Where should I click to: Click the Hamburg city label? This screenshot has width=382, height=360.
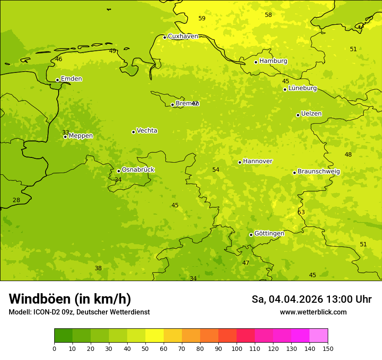click(x=273, y=61)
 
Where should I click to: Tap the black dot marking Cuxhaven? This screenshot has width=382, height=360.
click(x=165, y=37)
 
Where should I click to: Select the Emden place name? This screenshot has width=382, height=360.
click(x=71, y=79)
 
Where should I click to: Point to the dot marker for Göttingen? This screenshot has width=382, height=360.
click(x=251, y=235)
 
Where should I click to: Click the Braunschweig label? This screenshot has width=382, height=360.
click(x=319, y=172)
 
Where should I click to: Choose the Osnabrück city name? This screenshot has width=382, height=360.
click(x=138, y=170)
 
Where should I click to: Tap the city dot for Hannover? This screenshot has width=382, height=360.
click(x=240, y=162)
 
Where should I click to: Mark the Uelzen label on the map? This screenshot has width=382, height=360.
click(x=311, y=114)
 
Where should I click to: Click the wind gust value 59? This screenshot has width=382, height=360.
click(x=202, y=18)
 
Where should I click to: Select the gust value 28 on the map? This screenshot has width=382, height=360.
click(x=16, y=200)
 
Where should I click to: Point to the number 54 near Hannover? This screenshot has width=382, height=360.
click(x=216, y=170)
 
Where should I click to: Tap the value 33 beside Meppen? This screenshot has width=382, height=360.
click(x=66, y=132)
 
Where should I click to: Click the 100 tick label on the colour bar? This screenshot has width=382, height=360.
click(x=237, y=349)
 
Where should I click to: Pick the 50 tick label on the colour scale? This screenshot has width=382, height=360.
click(x=145, y=349)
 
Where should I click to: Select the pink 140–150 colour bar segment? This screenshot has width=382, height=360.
click(x=319, y=336)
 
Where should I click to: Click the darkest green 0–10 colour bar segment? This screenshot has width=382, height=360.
click(x=63, y=336)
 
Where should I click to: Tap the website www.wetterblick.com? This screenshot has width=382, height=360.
click(x=313, y=312)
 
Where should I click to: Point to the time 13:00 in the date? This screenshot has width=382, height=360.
click(x=340, y=299)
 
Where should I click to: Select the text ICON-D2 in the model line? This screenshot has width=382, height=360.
click(x=47, y=312)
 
